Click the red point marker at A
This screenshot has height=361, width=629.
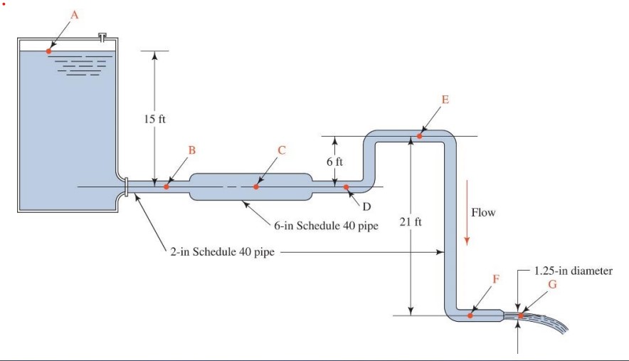point(48,51)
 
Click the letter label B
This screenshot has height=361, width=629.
point(191,150)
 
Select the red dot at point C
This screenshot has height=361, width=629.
point(256,187)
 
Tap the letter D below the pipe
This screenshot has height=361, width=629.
point(367,206)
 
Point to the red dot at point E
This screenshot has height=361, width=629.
point(420,135)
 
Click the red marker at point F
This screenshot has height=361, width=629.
point(470,315)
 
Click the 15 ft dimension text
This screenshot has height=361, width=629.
point(154,118)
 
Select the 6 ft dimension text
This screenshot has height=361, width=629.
point(334,161)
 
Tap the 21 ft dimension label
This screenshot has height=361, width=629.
point(411,222)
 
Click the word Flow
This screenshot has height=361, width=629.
point(483,212)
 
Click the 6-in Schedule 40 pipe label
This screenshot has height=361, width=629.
point(326,226)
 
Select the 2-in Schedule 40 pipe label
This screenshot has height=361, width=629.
point(222,252)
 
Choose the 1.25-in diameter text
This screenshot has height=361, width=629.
point(573,271)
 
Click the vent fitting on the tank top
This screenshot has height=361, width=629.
point(104,35)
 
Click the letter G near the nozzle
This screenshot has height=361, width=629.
point(552,285)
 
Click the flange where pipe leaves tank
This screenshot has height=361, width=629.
point(126,187)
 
